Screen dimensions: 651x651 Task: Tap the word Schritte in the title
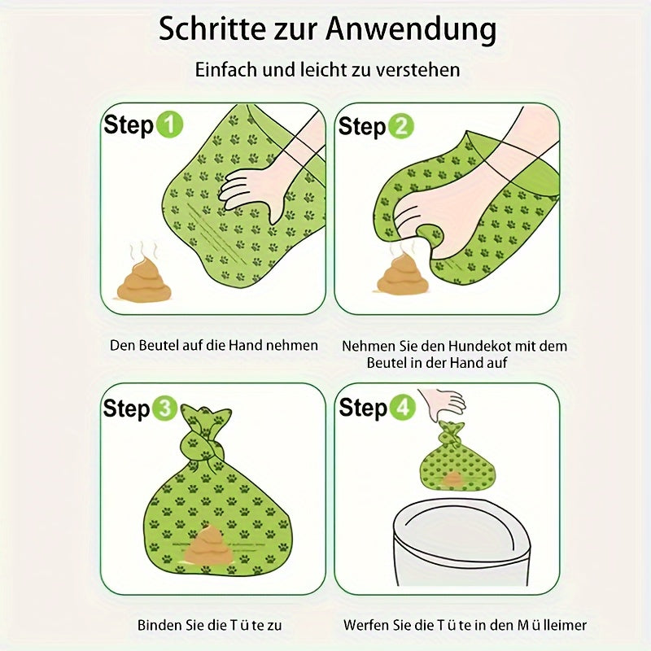tap(212, 29)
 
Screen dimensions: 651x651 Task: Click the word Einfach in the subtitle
tap(226, 69)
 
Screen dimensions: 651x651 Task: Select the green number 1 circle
tap(169, 125)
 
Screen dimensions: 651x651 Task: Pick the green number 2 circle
tap(400, 126)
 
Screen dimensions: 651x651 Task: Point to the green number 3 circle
tap(165, 409)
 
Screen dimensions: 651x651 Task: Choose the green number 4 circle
tap(401, 408)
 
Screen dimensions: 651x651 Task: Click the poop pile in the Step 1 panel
tap(144, 279)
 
